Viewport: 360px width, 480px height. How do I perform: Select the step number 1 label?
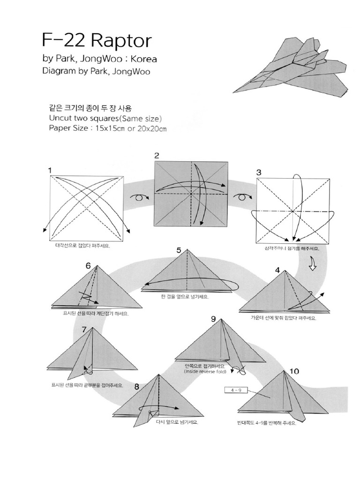tap(49, 172)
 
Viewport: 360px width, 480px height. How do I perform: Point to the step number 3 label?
tap(258, 172)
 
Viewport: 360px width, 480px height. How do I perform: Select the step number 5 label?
tap(179, 250)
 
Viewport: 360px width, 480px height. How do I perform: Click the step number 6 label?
tap(88, 265)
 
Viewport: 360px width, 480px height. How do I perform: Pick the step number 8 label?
tap(136, 387)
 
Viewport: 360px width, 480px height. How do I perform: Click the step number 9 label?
tap(213, 319)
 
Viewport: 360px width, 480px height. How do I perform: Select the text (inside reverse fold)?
tap(206, 372)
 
